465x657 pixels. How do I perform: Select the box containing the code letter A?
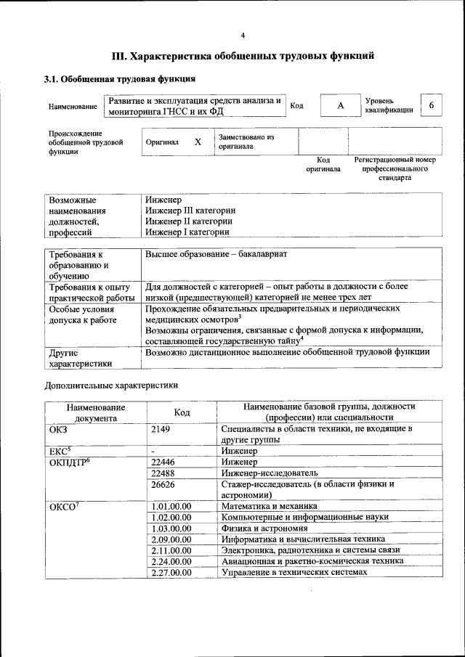(340, 106)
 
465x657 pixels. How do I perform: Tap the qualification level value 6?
(431, 105)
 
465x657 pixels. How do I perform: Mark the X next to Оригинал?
(197, 142)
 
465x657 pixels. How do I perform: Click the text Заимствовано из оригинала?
(246, 141)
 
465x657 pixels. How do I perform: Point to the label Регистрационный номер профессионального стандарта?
(395, 168)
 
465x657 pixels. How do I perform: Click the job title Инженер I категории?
(187, 232)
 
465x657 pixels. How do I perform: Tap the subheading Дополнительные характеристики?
(111, 385)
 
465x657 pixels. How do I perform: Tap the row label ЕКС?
(60, 451)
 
